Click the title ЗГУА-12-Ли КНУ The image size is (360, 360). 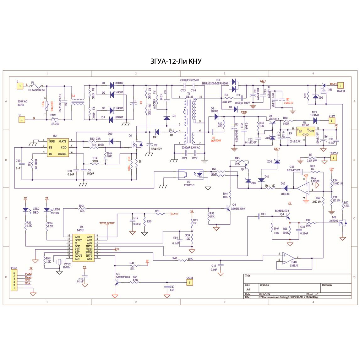pyautogui.click(x=176, y=62)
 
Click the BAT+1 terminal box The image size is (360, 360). pyautogui.click(x=341, y=85)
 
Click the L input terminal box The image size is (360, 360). pyautogui.click(x=20, y=86)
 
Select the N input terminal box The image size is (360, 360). pyautogui.click(x=22, y=119)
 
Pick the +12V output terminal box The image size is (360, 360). pyautogui.click(x=332, y=121)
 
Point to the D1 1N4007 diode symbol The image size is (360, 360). pyautogui.click(x=112, y=85)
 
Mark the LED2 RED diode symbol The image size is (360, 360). pyautogui.click(x=26, y=210)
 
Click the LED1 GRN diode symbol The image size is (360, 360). pyautogui.click(x=47, y=210)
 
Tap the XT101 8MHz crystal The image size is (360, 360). pyautogui.click(x=58, y=262)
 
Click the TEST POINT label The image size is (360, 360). pyautogui.click(x=107, y=223)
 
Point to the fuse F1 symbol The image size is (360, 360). pyautogui.click(x=37, y=85)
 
